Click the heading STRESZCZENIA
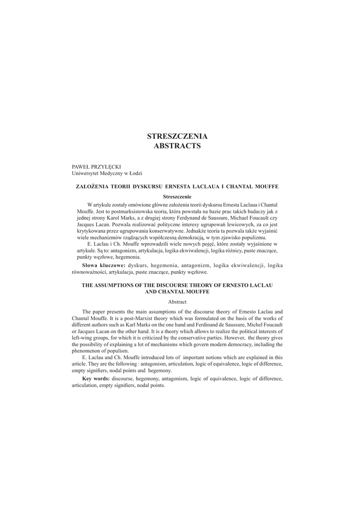[x=177, y=136]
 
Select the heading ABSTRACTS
[x=177, y=146]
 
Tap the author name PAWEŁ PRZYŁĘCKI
[x=97, y=167]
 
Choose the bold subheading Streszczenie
[x=177, y=197]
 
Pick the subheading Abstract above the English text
[x=177, y=302]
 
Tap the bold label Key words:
[x=96, y=379]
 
